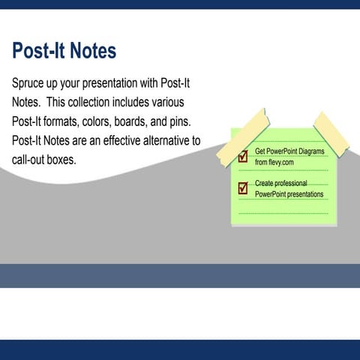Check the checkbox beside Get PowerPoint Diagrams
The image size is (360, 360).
(x=243, y=157)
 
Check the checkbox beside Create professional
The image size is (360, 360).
(x=243, y=188)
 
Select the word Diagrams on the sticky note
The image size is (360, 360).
(x=307, y=151)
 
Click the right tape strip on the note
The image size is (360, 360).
(x=331, y=133)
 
